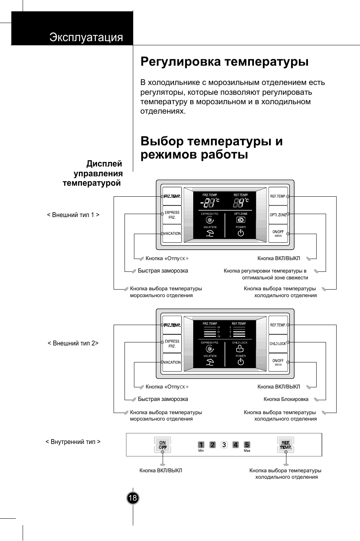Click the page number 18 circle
click(132, 498)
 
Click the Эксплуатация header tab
click(86, 37)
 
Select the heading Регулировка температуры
click(224, 62)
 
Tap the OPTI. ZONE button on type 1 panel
click(278, 215)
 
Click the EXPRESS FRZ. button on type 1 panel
click(172, 215)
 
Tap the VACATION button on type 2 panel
click(172, 362)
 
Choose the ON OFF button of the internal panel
click(163, 445)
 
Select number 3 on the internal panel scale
click(224, 445)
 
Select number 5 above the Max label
click(247, 445)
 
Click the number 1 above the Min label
click(201, 445)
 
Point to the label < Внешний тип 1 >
click(73, 215)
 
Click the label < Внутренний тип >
click(73, 442)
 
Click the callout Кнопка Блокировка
click(286, 399)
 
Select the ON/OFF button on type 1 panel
click(278, 233)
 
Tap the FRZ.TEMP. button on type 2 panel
click(172, 325)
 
